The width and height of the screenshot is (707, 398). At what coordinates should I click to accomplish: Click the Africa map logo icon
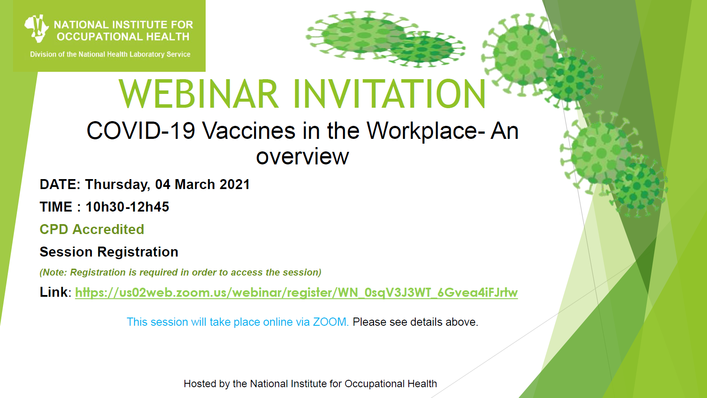click(x=36, y=29)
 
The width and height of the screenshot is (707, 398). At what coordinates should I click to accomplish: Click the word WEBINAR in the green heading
click(x=199, y=94)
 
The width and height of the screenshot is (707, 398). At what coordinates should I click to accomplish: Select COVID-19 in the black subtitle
click(x=141, y=131)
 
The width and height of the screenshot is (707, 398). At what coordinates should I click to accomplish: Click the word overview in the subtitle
click(x=302, y=157)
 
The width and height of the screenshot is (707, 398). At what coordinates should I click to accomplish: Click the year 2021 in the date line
click(x=235, y=184)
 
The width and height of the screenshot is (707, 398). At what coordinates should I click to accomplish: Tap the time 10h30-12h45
click(x=127, y=207)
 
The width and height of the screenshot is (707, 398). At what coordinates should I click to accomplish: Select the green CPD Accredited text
click(x=92, y=229)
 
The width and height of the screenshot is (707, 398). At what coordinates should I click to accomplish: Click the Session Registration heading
click(x=109, y=252)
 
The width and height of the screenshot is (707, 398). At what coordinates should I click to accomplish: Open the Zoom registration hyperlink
click(x=297, y=293)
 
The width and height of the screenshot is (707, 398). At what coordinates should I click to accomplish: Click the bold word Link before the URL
click(x=53, y=292)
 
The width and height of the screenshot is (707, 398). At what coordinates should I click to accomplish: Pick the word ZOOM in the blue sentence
click(x=330, y=322)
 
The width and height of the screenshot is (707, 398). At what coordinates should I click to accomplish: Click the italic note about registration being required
click(x=180, y=272)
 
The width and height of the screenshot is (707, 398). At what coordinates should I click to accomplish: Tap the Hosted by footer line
click(x=310, y=384)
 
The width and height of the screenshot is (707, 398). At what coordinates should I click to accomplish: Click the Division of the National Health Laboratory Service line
click(x=110, y=54)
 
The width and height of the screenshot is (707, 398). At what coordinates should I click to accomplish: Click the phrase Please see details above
click(x=415, y=322)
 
